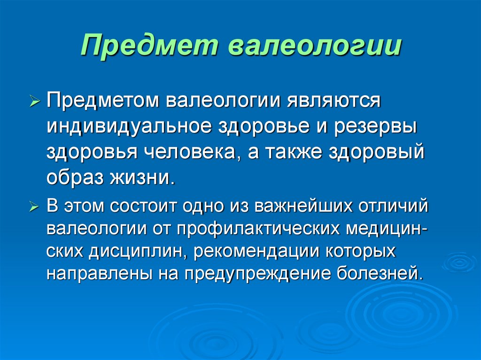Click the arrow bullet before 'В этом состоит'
36,207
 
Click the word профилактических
258,230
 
